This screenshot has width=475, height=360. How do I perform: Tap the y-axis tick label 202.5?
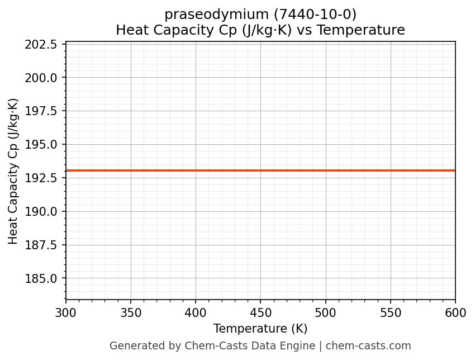(x=41, y=44)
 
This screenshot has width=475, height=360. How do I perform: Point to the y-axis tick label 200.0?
(x=41, y=78)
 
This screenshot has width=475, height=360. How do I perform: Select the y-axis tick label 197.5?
(x=41, y=111)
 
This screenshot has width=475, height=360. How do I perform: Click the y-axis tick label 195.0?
(x=41, y=145)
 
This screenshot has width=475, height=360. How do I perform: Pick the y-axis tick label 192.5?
(x=41, y=178)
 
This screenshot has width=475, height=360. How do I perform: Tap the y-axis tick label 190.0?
(x=41, y=211)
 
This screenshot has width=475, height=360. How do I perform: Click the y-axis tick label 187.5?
(x=41, y=245)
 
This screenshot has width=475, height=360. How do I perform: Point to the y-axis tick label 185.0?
(x=41, y=278)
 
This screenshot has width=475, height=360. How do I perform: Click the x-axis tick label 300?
(x=66, y=313)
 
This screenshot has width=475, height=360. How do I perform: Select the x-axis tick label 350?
(x=131, y=313)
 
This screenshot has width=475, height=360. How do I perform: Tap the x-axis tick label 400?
(x=196, y=313)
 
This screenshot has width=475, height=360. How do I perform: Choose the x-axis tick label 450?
(x=260, y=313)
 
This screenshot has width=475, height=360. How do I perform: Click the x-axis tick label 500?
(x=326, y=313)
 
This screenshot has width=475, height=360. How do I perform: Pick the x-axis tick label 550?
(x=391, y=313)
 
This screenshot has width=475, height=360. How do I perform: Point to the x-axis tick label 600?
(x=455, y=313)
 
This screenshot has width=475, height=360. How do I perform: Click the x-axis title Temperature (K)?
(x=260, y=329)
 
